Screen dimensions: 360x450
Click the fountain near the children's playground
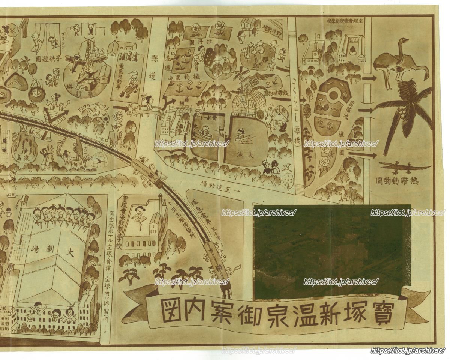(x=37, y=90)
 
